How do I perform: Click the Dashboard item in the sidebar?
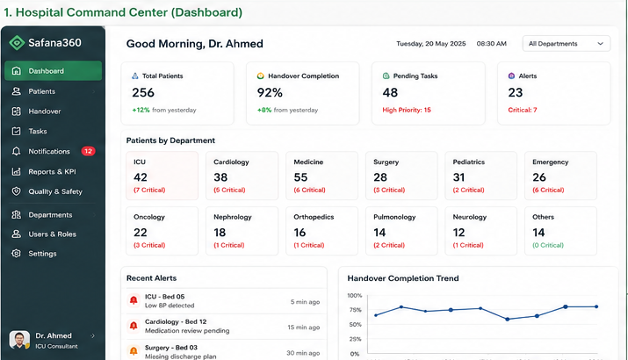click(53, 71)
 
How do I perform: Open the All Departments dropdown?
click(566, 44)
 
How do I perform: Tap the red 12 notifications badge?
click(88, 151)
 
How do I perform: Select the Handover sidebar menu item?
click(44, 112)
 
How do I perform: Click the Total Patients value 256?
click(143, 92)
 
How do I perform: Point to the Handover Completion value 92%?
click(270, 92)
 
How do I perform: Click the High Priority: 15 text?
click(407, 110)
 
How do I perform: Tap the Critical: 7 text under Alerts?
click(523, 110)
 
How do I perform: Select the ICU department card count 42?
click(141, 177)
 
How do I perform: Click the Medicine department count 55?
click(300, 177)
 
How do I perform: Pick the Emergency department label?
click(551, 162)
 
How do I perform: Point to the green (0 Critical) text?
click(548, 245)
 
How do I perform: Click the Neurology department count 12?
click(458, 233)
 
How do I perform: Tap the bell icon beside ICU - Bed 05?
click(134, 300)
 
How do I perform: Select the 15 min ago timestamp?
click(304, 328)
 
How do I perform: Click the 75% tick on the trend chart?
click(355, 310)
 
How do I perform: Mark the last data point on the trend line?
click(596, 306)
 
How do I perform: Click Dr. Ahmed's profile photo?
click(19, 340)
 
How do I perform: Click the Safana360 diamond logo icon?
click(17, 42)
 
